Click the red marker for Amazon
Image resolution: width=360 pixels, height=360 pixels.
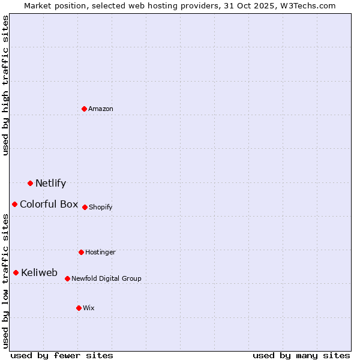(85, 109)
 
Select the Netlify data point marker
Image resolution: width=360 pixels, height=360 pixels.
(30, 183)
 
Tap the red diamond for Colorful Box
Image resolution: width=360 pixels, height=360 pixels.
(14, 204)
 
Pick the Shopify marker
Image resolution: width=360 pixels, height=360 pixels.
(85, 207)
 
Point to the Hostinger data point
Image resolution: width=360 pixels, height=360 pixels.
(81, 252)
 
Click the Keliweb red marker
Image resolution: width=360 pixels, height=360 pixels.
(16, 272)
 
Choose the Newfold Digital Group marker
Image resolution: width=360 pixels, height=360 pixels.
(67, 278)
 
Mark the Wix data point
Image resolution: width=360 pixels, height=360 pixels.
(79, 308)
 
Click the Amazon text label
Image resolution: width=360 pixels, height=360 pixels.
(101, 109)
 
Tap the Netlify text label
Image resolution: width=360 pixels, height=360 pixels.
(50, 184)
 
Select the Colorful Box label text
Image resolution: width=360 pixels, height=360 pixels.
(49, 204)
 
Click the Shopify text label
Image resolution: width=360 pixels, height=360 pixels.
(101, 208)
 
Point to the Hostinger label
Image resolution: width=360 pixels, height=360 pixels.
(100, 253)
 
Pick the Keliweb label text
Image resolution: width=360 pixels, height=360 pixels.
(39, 273)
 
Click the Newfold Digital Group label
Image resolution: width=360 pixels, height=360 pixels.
(106, 279)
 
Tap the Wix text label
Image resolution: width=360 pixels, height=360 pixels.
(89, 308)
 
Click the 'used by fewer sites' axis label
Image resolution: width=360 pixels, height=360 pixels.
(62, 355)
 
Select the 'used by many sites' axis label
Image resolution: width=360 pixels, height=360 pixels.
(301, 355)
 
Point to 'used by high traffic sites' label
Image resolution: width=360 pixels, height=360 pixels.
(5, 85)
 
